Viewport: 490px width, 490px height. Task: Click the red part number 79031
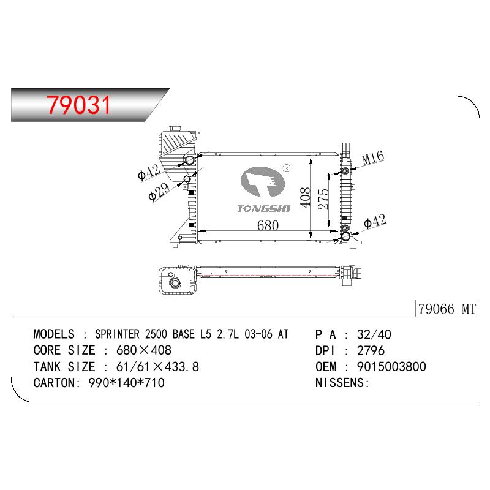pos(79,105)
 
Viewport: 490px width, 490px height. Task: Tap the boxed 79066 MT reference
pos(447,309)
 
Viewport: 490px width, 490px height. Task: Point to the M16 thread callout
pos(373,158)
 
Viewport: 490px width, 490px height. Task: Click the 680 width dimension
pos(268,225)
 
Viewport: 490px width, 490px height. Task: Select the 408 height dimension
pos(305,197)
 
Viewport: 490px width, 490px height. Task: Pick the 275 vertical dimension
pos(323,199)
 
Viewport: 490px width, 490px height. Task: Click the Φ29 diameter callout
pos(159,191)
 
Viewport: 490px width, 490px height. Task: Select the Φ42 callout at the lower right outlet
pos(375,221)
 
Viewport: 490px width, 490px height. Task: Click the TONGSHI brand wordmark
pos(264,208)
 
